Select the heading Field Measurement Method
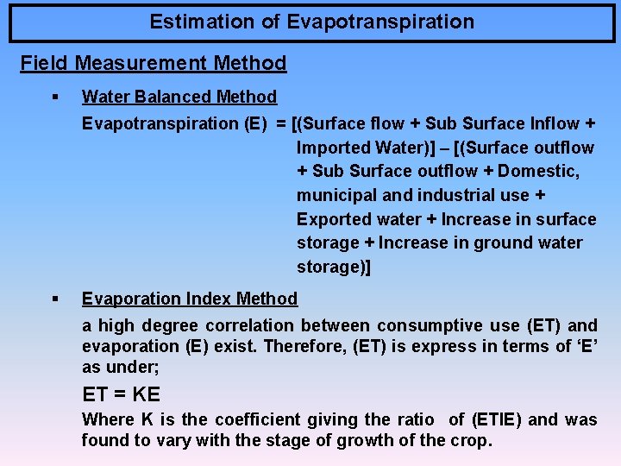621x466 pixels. pos(154,63)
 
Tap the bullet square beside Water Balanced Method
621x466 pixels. pos(53,98)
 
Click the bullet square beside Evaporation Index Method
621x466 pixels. pos(53,299)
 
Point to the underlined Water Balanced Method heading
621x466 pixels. pos(179,98)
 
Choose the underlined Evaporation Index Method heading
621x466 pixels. pos(190,299)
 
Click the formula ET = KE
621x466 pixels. pos(121,395)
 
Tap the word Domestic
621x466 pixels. pos(535,172)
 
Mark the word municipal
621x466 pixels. pos(335,196)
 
